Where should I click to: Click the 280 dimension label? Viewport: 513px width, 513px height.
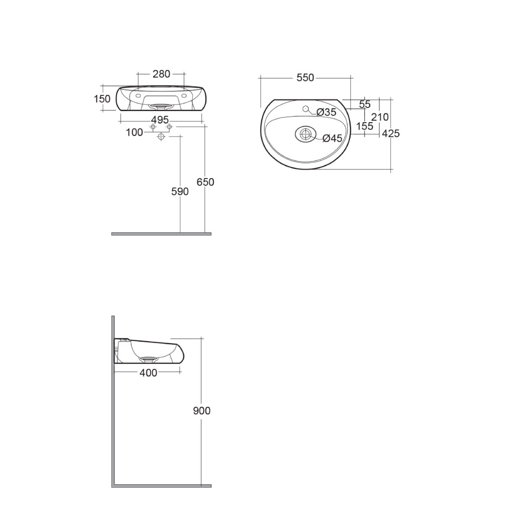(161, 74)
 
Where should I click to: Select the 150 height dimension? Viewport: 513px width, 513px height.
(102, 99)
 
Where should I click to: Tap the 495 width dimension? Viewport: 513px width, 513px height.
(160, 120)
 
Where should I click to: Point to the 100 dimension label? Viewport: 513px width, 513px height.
(134, 132)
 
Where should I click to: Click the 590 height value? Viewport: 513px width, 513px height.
(180, 191)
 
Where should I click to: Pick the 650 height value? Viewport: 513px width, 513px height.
(205, 182)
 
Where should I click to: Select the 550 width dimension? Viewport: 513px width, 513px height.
(305, 78)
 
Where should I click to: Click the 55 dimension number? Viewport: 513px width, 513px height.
(364, 105)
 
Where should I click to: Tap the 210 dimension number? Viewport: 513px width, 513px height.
(380, 117)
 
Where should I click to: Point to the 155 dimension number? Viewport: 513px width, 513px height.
(364, 126)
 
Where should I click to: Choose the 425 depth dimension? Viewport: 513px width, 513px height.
(391, 134)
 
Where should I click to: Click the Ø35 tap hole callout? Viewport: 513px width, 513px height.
(326, 112)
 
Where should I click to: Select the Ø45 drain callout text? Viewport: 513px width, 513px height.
(332, 138)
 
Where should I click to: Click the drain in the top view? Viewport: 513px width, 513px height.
(305, 134)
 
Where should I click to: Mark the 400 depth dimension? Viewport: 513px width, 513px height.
(148, 373)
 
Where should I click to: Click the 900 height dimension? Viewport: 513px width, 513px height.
(202, 411)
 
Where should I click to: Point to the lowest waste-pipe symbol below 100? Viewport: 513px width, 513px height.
(162, 137)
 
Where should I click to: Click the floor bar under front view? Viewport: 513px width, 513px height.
(161, 234)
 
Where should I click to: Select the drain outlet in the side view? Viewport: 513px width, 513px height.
(149, 358)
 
